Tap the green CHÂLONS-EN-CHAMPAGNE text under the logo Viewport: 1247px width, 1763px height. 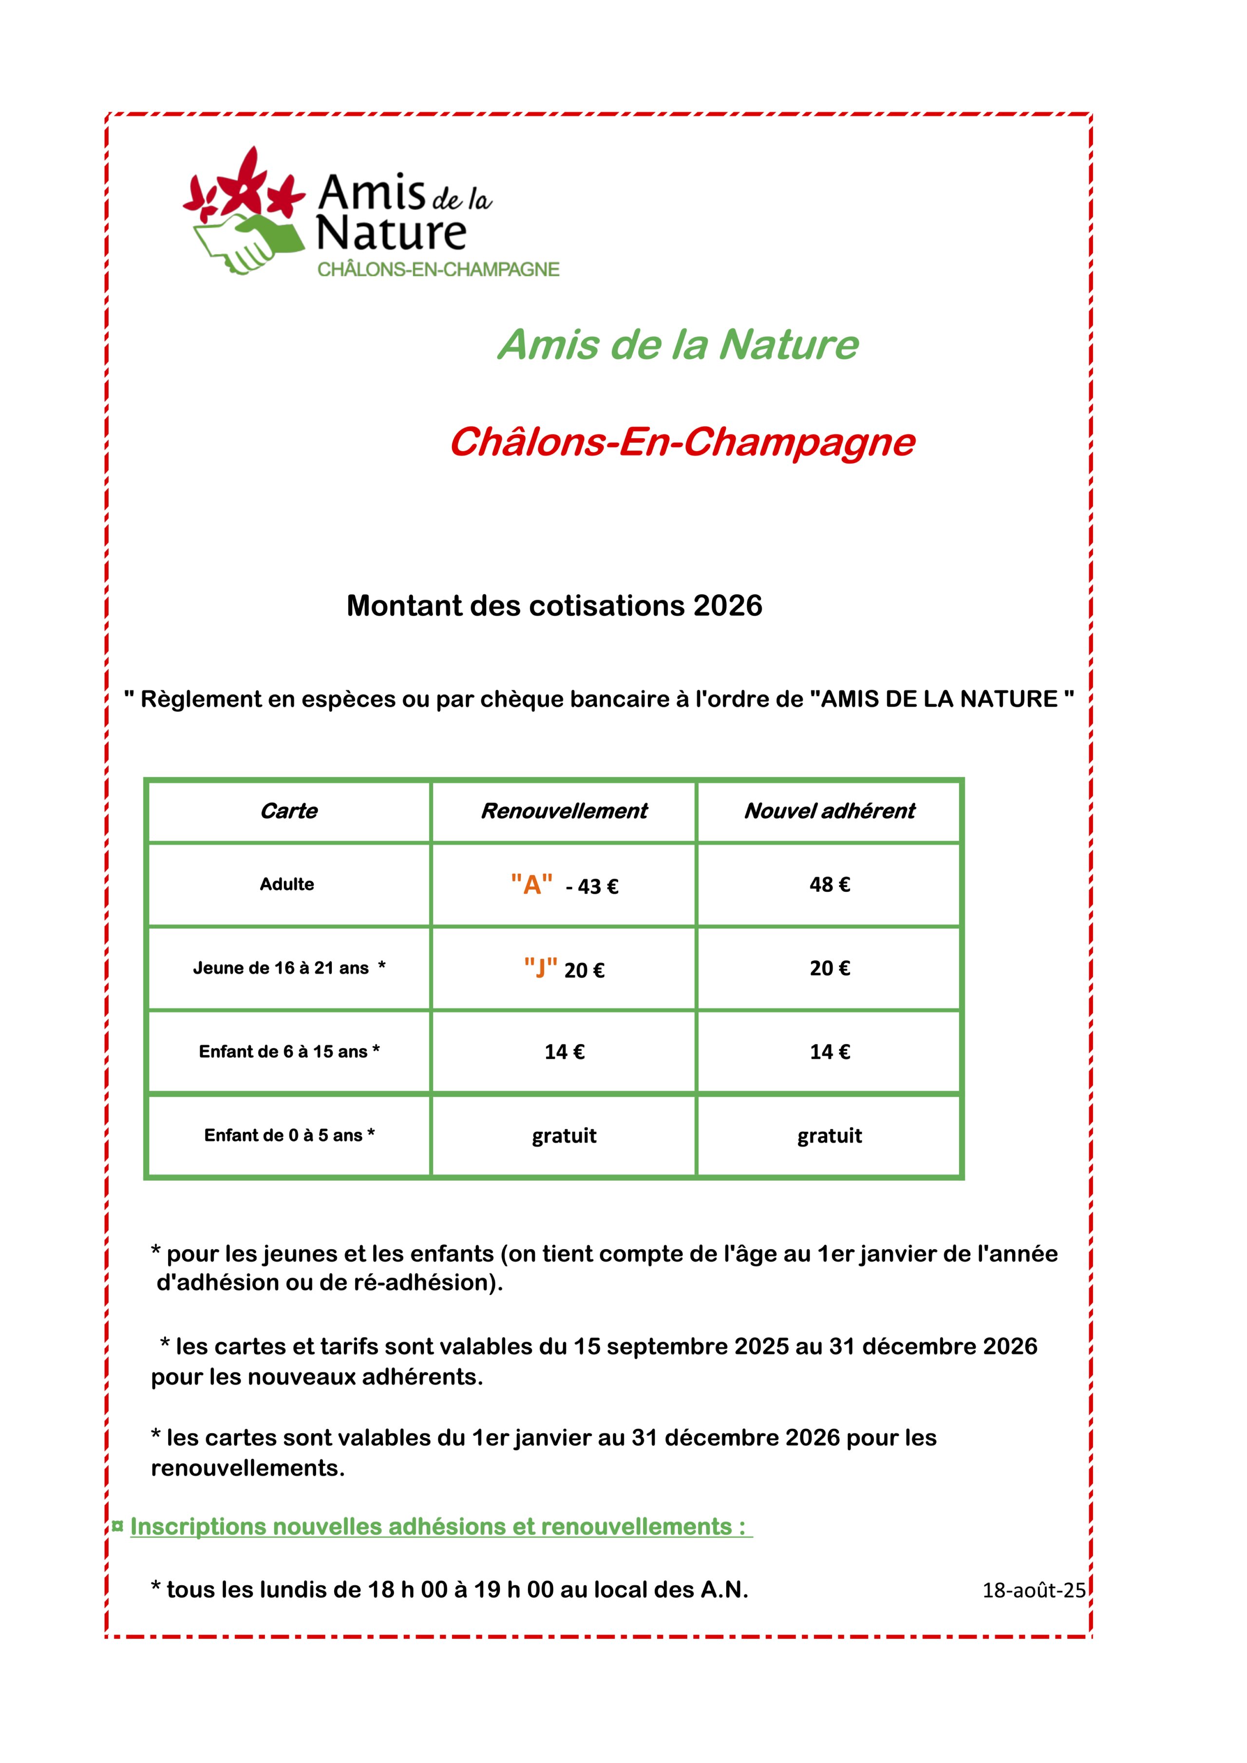coord(438,269)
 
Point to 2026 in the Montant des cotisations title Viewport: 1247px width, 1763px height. coord(727,606)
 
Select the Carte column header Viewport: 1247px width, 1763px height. coord(289,811)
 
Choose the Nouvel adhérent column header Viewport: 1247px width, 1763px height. coord(829,811)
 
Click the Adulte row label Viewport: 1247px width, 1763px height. coord(286,884)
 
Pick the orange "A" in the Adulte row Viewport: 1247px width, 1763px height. coord(531,884)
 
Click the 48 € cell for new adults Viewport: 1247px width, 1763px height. coord(829,884)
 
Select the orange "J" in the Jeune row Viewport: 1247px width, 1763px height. coord(541,968)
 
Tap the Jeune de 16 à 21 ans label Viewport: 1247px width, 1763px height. coord(289,968)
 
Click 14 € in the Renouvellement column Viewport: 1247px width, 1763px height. coord(565,1052)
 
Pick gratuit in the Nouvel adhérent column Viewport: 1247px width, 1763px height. coord(829,1136)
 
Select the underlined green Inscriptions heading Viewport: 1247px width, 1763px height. coord(438,1526)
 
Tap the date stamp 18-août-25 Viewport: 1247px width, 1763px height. coord(1034,1590)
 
